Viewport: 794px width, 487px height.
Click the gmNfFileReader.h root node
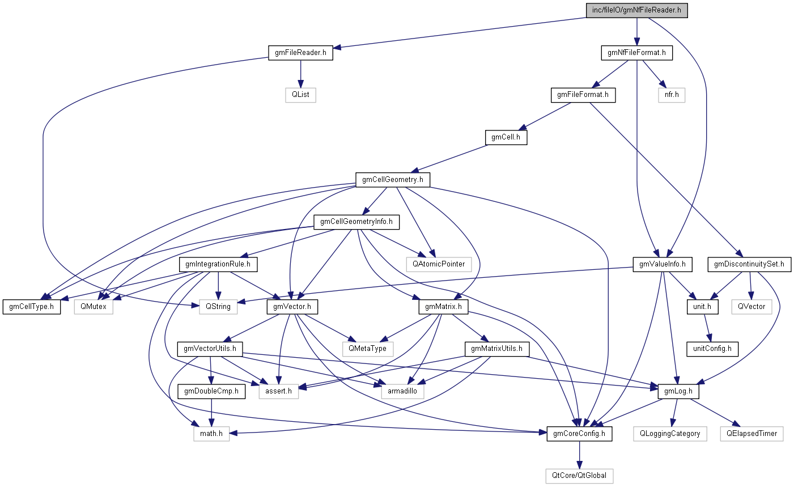tap(636, 11)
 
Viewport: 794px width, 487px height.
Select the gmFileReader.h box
tap(300, 53)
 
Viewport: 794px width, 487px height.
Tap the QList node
tap(300, 95)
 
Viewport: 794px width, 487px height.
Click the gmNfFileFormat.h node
tap(636, 53)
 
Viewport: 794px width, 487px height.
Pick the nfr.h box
tap(672, 95)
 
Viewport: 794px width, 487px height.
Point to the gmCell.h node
tap(506, 137)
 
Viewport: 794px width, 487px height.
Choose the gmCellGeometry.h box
tap(392, 180)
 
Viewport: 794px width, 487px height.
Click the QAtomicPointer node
tap(439, 264)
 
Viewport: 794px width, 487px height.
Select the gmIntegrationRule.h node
tap(218, 264)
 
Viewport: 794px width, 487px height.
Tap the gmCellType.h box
tap(32, 307)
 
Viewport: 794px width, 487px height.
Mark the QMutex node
tap(94, 307)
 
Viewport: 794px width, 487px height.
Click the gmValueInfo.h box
tap(663, 264)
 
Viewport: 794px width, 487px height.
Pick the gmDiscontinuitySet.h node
tap(749, 264)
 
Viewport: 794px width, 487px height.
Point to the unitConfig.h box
tap(712, 348)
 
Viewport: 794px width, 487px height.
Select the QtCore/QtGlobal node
tap(579, 475)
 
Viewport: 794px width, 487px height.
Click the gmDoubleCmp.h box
tap(211, 391)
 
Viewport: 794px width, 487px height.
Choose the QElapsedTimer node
tap(751, 434)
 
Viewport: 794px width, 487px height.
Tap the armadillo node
tap(403, 391)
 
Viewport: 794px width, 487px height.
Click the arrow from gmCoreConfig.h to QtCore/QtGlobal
tap(579, 455)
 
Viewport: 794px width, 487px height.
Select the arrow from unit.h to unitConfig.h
tap(707, 328)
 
